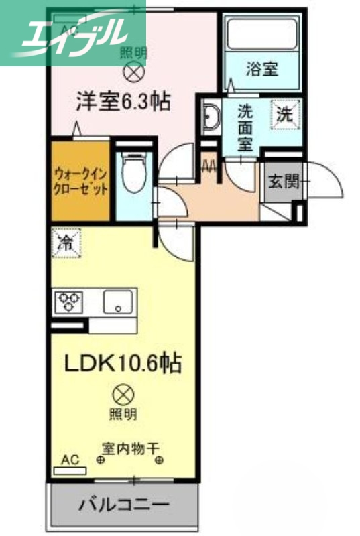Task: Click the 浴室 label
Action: [x=261, y=69]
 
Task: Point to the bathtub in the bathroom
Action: [x=261, y=33]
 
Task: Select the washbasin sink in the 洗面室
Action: [x=211, y=118]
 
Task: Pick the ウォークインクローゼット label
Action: [x=80, y=180]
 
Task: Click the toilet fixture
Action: [x=133, y=172]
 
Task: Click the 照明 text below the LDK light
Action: [x=123, y=414]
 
